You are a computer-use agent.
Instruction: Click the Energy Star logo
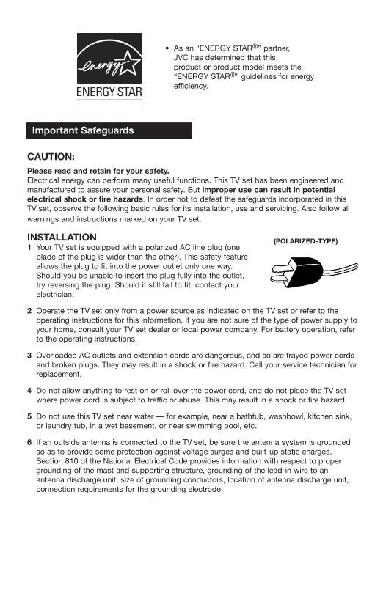[x=109, y=68]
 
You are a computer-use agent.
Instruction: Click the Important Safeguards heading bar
[x=109, y=130]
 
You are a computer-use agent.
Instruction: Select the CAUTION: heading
[x=51, y=156]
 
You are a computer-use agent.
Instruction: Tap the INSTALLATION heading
[x=62, y=237]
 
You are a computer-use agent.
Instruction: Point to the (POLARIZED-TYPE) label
[x=305, y=240]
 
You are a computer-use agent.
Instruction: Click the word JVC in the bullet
[x=182, y=57]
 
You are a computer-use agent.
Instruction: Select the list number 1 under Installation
[x=29, y=248]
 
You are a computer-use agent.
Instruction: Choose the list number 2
[x=29, y=311]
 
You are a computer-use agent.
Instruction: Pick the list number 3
[x=29, y=355]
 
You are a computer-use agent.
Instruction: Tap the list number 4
[x=29, y=390]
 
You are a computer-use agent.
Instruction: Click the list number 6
[x=29, y=443]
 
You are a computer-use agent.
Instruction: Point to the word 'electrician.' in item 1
[x=55, y=295]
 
